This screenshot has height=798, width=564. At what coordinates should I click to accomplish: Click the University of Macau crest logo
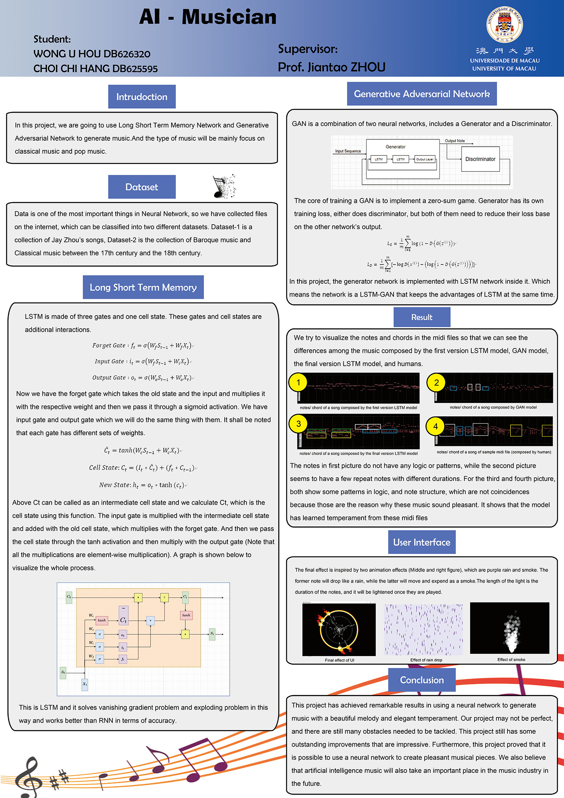coord(504,24)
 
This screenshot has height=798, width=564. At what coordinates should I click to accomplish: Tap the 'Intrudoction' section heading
coord(142,97)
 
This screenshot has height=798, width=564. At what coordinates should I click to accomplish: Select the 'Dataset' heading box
coord(142,187)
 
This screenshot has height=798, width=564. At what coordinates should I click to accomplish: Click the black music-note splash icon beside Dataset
coord(224,186)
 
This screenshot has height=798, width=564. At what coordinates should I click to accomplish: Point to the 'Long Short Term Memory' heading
coord(143,287)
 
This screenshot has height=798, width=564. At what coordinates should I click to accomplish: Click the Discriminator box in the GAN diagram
coord(480,159)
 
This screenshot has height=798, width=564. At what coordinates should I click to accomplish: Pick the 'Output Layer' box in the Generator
coord(425,159)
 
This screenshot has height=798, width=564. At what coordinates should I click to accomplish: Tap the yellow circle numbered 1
coord(299,383)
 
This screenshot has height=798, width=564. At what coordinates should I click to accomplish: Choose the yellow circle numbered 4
coord(435,426)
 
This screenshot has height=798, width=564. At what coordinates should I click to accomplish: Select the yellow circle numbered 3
coord(299,424)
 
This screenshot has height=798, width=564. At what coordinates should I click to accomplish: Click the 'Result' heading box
coord(422,317)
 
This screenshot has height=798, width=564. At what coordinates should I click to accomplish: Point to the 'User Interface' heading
coord(422,542)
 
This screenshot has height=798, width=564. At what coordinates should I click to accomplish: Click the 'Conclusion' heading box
coord(422,680)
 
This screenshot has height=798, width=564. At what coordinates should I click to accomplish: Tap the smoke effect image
coord(510,628)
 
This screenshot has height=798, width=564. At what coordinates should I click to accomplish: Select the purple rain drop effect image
coord(423,630)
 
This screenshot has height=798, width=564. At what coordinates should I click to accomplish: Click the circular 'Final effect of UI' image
coord(339,630)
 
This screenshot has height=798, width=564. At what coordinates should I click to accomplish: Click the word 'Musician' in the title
coord(229,17)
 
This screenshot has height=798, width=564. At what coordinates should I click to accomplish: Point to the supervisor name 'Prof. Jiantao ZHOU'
coord(332,67)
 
